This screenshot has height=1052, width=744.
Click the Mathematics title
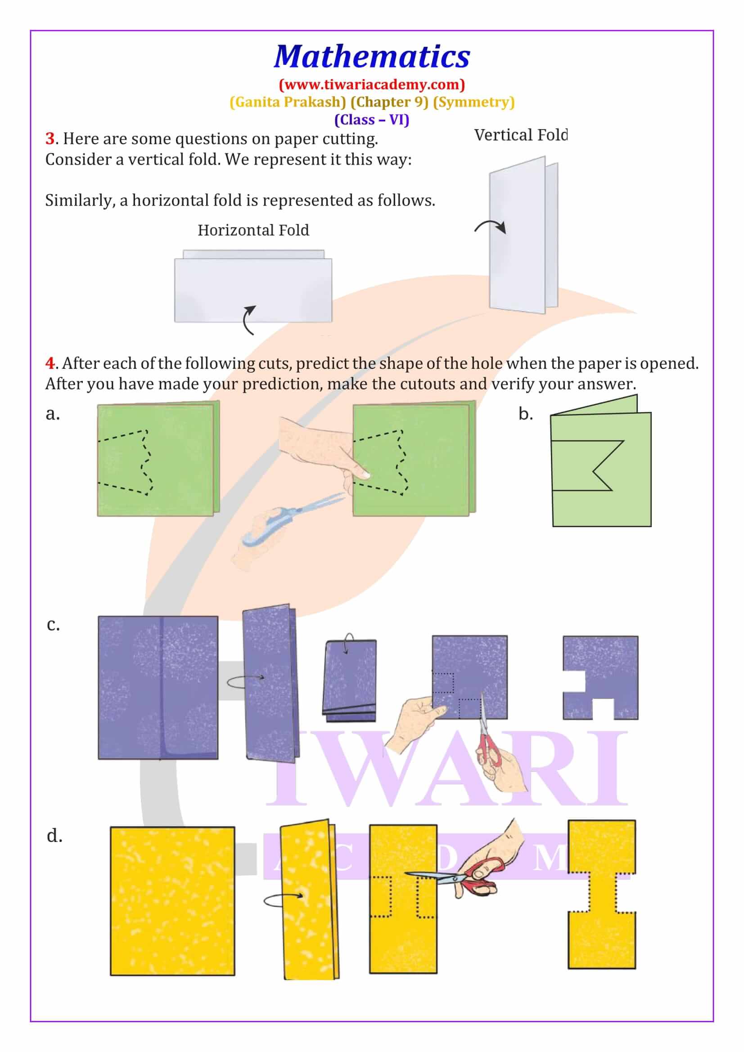[372, 57]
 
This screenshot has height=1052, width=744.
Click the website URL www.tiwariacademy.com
[372, 85]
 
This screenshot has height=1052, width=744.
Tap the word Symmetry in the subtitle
[473, 102]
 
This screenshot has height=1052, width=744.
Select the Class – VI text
[372, 120]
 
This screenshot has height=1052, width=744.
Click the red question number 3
[50, 139]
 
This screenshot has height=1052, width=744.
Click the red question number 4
[50, 363]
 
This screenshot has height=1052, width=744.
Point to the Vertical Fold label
[521, 135]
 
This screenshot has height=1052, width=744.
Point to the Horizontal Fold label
[253, 230]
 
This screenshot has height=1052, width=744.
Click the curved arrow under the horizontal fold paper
[249, 319]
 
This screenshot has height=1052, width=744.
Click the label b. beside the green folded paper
[526, 414]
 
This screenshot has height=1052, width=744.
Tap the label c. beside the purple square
[53, 625]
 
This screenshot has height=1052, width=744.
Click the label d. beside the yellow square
[54, 836]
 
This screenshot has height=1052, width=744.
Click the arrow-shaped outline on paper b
[591, 466]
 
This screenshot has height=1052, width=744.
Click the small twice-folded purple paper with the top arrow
[349, 680]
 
